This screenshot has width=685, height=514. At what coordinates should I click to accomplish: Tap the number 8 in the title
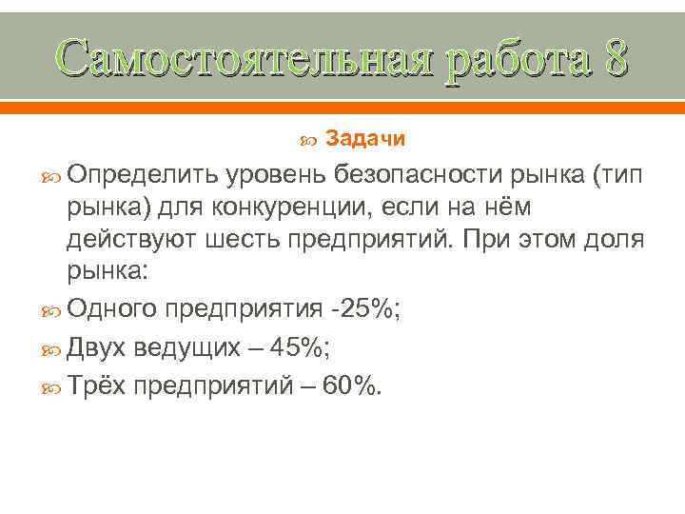614,59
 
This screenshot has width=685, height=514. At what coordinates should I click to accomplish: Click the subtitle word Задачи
365,139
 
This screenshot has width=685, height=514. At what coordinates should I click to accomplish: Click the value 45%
298,347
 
